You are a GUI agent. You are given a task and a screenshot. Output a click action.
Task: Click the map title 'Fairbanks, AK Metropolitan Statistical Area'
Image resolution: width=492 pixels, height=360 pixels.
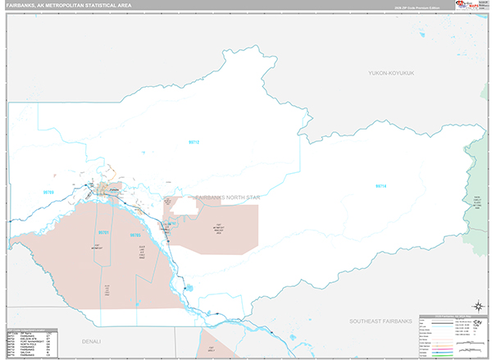click(67, 6)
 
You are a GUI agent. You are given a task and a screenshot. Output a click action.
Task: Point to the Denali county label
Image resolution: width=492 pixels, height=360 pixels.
click(84, 339)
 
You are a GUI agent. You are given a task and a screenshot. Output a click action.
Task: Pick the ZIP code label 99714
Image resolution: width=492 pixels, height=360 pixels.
click(380, 186)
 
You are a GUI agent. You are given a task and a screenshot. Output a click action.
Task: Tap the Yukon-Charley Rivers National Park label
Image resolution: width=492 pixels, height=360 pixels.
click(475, 201)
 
